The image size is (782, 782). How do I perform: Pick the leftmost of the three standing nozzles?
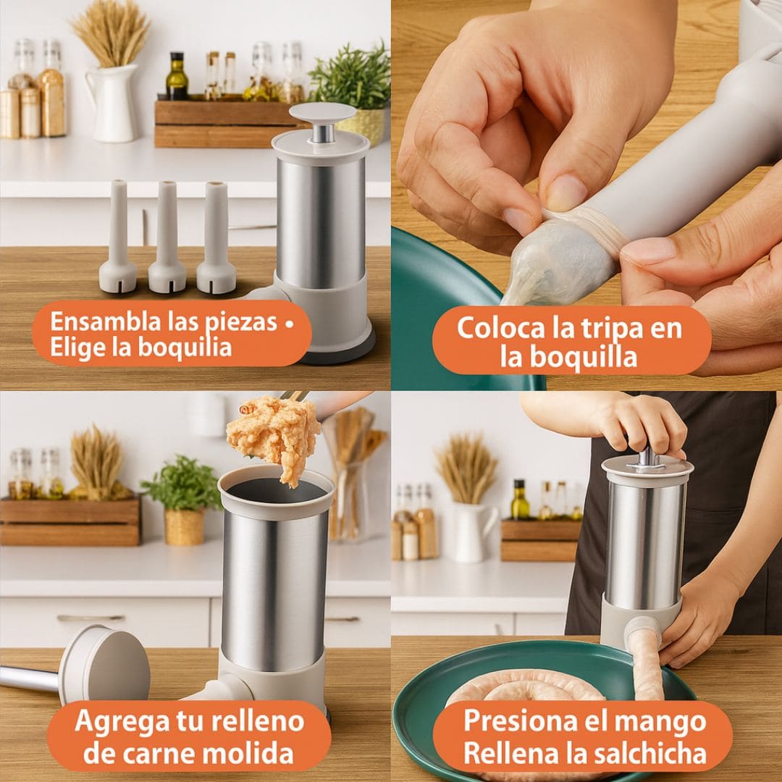(x=118, y=236)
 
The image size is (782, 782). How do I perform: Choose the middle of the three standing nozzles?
(x=167, y=237)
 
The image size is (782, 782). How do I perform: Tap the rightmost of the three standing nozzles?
(x=216, y=237)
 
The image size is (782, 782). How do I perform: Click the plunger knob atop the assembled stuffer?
(x=322, y=114)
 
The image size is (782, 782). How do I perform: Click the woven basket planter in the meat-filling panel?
(x=184, y=527)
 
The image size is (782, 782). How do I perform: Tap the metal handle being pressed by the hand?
(x=647, y=459)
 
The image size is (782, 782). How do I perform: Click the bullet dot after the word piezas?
(x=289, y=323)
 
